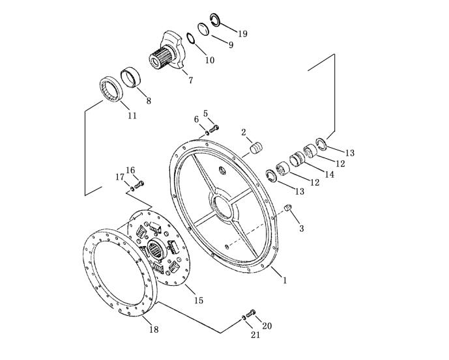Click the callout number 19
[x=242, y=34]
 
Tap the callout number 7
[x=191, y=80]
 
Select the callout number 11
[x=132, y=116]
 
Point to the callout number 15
[x=199, y=301]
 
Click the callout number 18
[x=154, y=329]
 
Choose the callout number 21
[x=255, y=335]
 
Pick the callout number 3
[x=301, y=228]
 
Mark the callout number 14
[x=330, y=174]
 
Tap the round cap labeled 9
[x=204, y=29]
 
